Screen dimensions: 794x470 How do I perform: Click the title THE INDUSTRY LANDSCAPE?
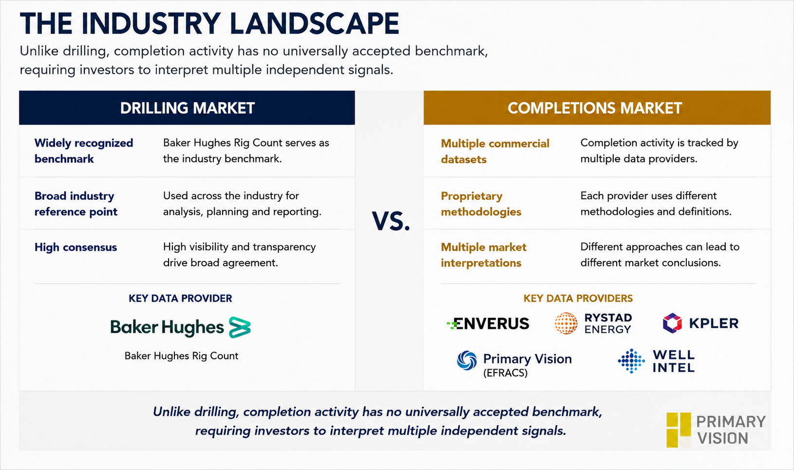(x=209, y=23)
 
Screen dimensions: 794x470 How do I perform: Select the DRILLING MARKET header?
(x=187, y=108)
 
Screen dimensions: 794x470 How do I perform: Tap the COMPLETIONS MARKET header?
(x=595, y=108)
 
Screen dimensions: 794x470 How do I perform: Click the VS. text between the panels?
(x=391, y=221)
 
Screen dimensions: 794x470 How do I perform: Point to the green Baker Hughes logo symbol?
(x=240, y=327)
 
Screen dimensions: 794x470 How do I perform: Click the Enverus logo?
(x=488, y=323)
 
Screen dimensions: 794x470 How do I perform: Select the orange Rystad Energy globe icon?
(x=566, y=323)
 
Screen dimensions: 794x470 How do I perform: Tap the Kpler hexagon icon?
(x=672, y=323)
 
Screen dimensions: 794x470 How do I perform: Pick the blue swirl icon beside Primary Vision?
(x=467, y=361)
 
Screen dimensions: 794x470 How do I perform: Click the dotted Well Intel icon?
(x=631, y=361)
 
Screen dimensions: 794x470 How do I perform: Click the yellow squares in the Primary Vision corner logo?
(x=679, y=430)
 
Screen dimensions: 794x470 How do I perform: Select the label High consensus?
(x=76, y=247)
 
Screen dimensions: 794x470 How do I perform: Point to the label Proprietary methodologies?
(x=481, y=204)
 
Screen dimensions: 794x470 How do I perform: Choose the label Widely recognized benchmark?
(x=84, y=151)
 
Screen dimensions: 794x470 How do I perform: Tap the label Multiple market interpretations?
(x=484, y=255)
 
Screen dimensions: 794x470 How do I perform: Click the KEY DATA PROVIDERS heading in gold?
(x=578, y=299)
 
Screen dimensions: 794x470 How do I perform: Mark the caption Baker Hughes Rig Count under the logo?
(x=182, y=356)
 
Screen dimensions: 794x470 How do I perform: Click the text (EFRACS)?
(x=506, y=373)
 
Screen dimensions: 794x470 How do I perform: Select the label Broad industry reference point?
(x=76, y=204)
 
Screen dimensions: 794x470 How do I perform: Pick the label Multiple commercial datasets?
(x=495, y=151)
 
